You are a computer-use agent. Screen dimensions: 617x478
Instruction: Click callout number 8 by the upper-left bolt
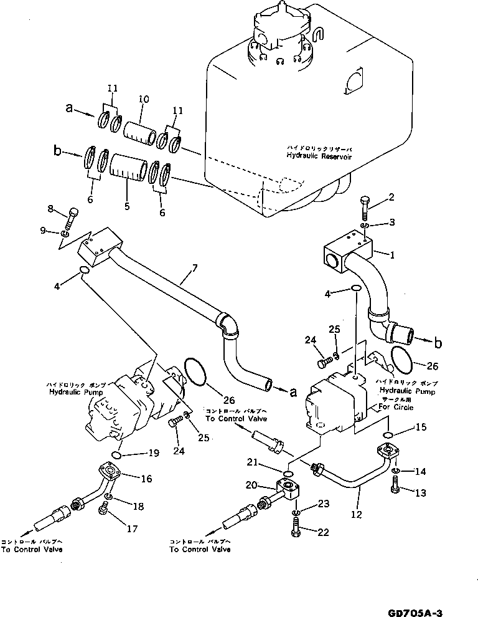pyautogui.click(x=51, y=209)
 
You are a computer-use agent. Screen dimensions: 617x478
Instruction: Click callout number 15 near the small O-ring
pyautogui.click(x=421, y=428)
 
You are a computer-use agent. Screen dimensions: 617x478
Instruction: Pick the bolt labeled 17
pyautogui.click(x=103, y=512)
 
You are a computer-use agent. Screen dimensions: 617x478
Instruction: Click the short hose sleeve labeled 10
pyautogui.click(x=141, y=133)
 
